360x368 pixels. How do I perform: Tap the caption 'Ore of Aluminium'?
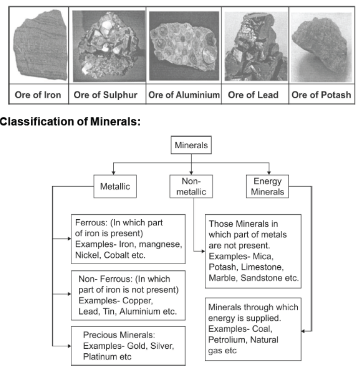coord(184,95)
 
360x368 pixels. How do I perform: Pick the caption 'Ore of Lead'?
coord(253,95)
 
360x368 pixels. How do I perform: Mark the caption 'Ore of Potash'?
coord(321,95)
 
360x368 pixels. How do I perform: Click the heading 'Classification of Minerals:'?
coord(70,122)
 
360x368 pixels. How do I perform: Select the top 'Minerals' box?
coord(191,146)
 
